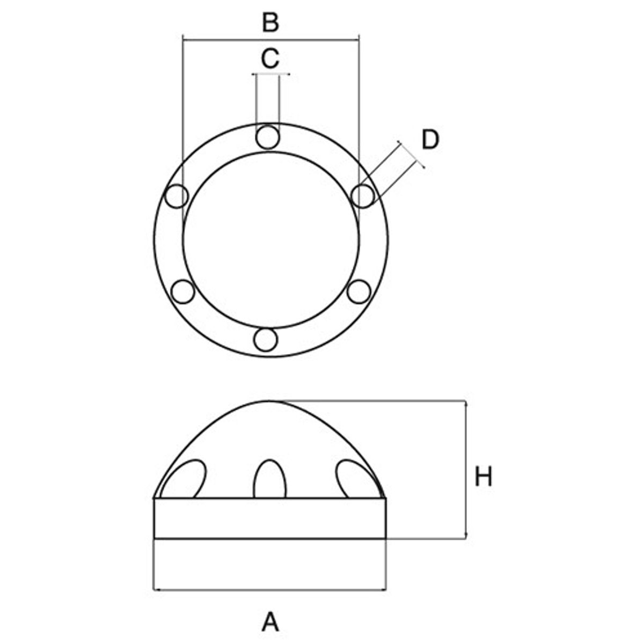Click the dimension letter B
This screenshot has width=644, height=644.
tap(270, 23)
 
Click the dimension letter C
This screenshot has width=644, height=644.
tap(270, 58)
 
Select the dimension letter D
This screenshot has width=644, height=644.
tap(430, 140)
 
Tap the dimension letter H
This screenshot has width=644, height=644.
tap(483, 477)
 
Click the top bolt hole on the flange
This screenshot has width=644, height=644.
tap(267, 137)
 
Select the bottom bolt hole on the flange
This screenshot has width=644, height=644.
tap(266, 340)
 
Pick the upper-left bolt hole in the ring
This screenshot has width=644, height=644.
tap(177, 196)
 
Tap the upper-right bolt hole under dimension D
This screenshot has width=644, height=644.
tap(363, 195)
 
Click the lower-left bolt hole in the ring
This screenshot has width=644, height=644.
tap(182, 291)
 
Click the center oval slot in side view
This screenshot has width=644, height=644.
tap(270, 479)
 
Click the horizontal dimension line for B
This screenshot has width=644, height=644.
tap(270, 38)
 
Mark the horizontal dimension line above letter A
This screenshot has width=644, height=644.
tap(270, 590)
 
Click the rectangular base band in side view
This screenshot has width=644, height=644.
tap(270, 518)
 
